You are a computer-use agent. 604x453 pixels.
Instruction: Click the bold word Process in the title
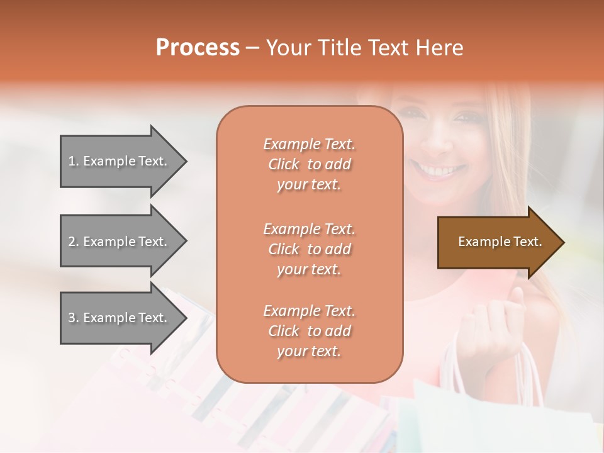pos(198,48)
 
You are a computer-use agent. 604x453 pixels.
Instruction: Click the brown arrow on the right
pos(497,242)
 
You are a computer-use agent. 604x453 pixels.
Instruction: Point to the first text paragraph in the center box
pos(309,164)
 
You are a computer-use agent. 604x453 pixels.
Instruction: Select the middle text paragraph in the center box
pos(309,249)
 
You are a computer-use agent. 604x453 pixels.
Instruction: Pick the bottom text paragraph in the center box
pos(309,331)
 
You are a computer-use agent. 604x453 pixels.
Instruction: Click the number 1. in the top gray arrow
pos(74,161)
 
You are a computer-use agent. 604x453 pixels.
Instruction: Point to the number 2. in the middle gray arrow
pos(74,242)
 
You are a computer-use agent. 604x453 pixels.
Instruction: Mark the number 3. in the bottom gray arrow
pos(74,318)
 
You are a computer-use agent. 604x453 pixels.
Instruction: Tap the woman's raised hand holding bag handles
pos(497,327)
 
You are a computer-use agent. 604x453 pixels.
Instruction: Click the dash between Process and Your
pos(253,48)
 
